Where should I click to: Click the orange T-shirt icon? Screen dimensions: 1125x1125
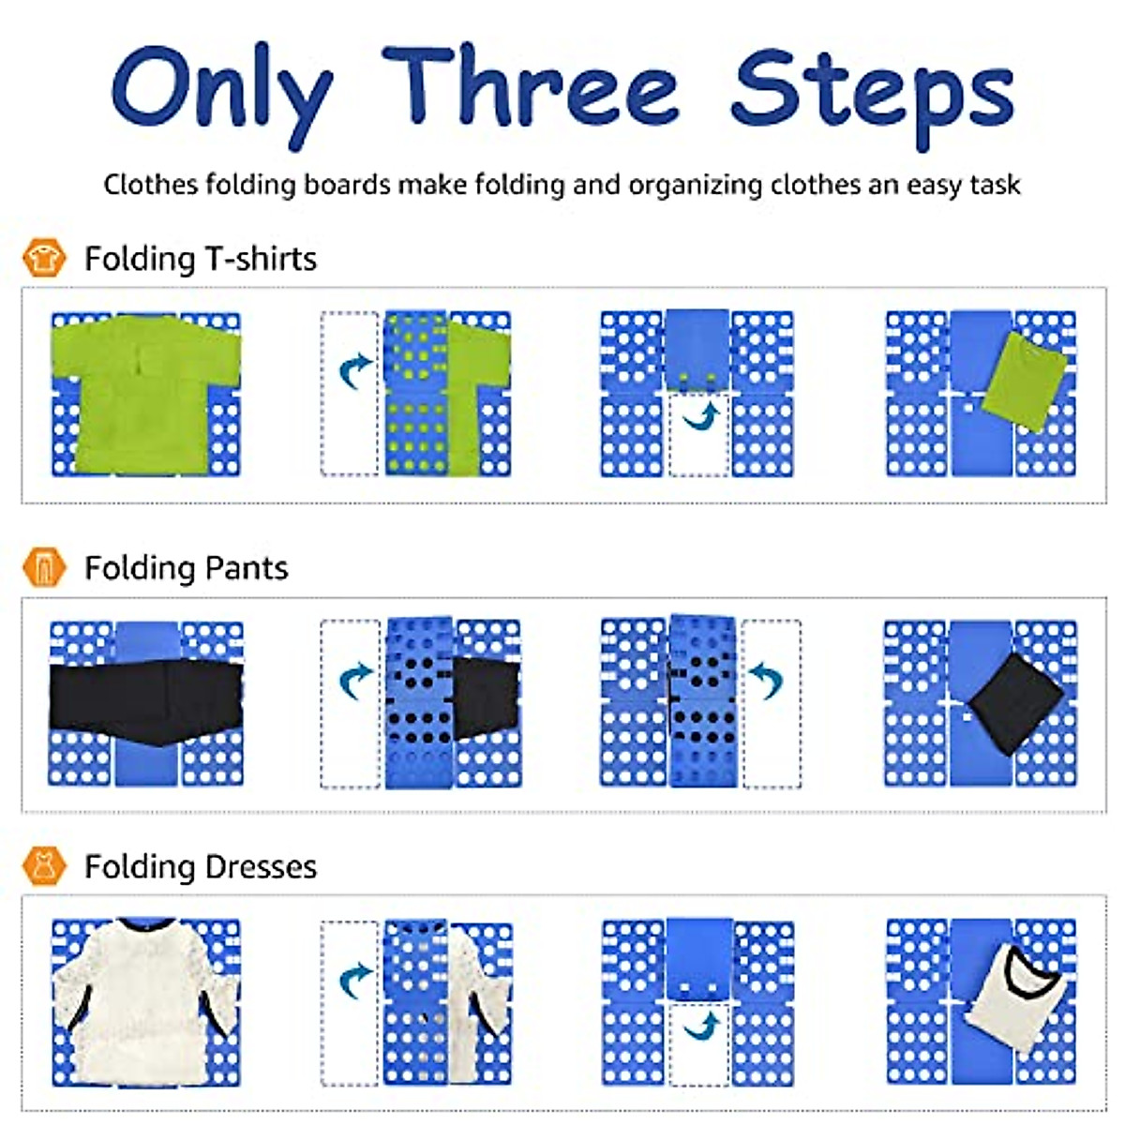pyautogui.click(x=43, y=257)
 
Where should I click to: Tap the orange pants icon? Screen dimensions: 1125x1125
pyautogui.click(x=43, y=567)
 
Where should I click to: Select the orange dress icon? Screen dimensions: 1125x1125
pyautogui.click(x=43, y=865)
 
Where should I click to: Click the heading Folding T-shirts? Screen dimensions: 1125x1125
pyautogui.click(x=201, y=259)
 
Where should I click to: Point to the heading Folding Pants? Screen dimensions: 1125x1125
pyautogui.click(x=186, y=568)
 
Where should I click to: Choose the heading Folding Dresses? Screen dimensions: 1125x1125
pyautogui.click(x=201, y=866)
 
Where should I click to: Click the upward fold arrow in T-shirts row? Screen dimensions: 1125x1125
pyautogui.click(x=701, y=415)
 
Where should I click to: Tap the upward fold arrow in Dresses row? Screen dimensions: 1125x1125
pyautogui.click(x=701, y=1026)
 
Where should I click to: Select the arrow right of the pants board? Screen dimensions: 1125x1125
pyautogui.click(x=766, y=680)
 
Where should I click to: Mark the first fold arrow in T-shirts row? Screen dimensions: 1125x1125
pyautogui.click(x=354, y=371)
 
